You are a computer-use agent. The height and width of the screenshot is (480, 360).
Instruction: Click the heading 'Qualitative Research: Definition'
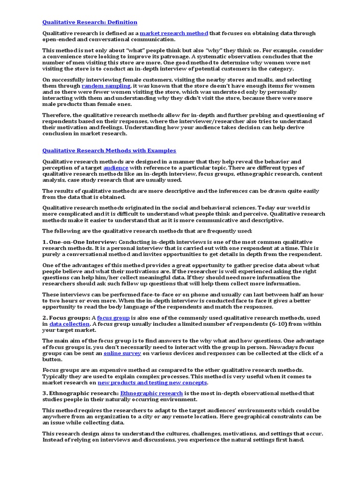[x=90, y=22]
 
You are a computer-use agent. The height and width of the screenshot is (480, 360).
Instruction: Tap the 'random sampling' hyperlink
[x=106, y=86]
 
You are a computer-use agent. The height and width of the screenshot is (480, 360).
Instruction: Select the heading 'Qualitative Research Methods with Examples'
[x=109, y=150]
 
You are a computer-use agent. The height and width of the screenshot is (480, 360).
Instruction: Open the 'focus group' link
[x=113, y=318]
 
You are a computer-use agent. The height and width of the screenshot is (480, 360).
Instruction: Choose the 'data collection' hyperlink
[x=69, y=324]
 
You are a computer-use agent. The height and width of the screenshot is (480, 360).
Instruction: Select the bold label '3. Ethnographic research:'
[x=80, y=393]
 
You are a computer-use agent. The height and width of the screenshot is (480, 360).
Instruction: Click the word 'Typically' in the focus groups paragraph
[x=57, y=376]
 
